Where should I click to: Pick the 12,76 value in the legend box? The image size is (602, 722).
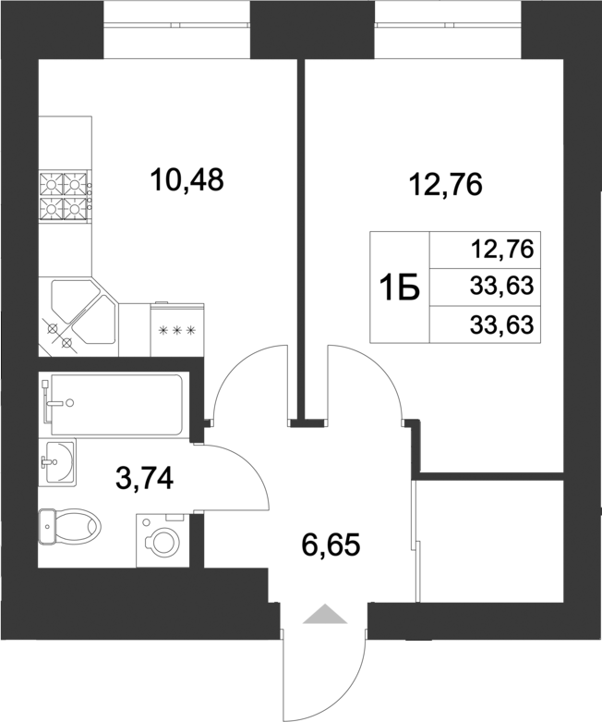click(502, 249)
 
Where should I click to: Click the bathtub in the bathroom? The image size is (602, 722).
click(115, 404)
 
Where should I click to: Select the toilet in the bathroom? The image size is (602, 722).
click(69, 528)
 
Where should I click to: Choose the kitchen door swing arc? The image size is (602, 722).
click(245, 379)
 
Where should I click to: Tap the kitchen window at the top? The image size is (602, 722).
click(177, 29)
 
